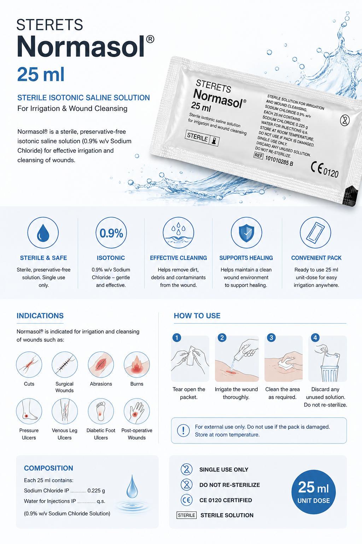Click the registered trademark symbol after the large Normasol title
pos(150,39)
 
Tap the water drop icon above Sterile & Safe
pos(43,233)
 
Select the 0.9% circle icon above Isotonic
pos(111,233)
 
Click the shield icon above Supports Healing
pos(246,233)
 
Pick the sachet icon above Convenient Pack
pos(315,233)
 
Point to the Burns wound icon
pos(137,364)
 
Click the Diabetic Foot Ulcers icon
pos(101,411)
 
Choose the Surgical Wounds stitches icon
pos(65,364)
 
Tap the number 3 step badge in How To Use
pos(271,338)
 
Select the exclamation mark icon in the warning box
pos(183,431)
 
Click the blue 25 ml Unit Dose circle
pos(314,492)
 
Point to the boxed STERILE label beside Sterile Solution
pos(186,515)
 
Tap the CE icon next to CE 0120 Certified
pos(186,500)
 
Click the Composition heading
pos(48,468)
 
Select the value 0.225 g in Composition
pos(96,491)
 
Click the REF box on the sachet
pos(258,155)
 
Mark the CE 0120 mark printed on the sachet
pos(325,170)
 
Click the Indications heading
pos(40,316)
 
